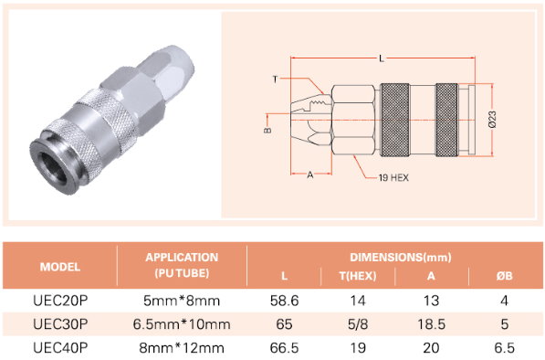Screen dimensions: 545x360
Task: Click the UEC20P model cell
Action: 60,301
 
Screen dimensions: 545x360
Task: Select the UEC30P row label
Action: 60,324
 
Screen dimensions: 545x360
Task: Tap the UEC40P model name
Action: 60,348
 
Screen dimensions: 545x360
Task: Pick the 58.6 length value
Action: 284,301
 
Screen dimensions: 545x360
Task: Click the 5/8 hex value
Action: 358,324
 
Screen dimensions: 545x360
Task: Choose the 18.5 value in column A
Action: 431,324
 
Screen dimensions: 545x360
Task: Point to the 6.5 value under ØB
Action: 504,348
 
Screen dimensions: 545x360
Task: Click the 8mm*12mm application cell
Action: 182,348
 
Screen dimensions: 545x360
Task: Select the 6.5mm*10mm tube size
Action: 182,324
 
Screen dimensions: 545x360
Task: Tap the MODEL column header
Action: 60,267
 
